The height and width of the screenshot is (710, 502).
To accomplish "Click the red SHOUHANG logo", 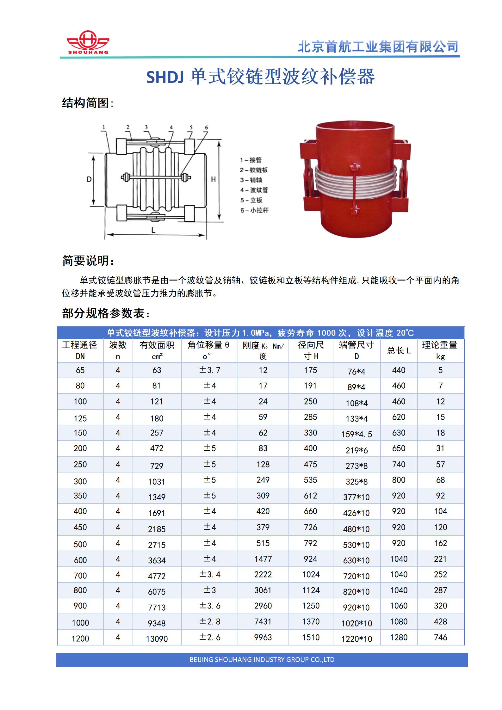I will point(88,42).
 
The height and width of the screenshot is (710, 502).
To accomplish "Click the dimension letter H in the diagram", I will point(213,179).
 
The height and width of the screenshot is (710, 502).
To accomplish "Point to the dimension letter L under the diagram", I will point(153,230).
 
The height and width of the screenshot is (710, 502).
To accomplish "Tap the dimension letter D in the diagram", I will point(89,179).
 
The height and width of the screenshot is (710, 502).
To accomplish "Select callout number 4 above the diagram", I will point(171,127).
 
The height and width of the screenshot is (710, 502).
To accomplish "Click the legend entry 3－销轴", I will point(251,180).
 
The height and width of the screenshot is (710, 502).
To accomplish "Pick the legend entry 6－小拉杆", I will point(254,210).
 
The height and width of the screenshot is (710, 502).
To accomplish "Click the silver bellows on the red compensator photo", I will point(354,184).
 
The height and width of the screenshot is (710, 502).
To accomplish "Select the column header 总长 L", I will point(399,350).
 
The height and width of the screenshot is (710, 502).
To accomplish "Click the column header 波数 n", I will point(118,350).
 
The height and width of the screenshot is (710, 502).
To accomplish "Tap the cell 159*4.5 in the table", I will point(356,434).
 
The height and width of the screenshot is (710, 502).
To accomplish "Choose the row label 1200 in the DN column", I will point(80,639).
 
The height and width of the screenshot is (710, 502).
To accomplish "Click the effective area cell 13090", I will point(157,639).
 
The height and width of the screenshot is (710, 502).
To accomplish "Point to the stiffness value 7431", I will point(263,621).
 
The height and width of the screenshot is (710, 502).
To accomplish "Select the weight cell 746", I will point(440,637).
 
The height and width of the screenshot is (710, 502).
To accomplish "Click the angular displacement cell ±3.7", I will point(209,370).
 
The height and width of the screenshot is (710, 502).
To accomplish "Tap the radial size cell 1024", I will point(311,574).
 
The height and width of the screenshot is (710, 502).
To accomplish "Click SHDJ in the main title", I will point(164,77).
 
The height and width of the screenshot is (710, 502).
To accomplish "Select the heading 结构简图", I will point(85,103).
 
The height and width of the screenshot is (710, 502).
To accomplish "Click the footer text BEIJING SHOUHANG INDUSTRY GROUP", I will point(262,659).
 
